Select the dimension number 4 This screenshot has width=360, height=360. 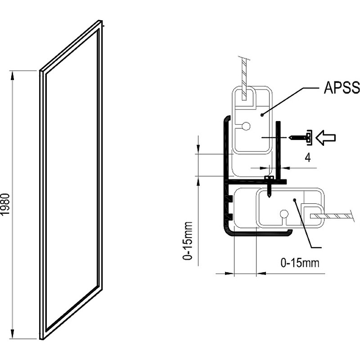pyautogui.click(x=307, y=157)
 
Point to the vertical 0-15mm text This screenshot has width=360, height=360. pyautogui.click(x=189, y=240)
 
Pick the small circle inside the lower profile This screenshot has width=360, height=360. pyautogui.click(x=284, y=214)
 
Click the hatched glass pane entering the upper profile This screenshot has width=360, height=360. pyautogui.click(x=243, y=76)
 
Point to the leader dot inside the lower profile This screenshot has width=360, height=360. pyautogui.click(x=294, y=199)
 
